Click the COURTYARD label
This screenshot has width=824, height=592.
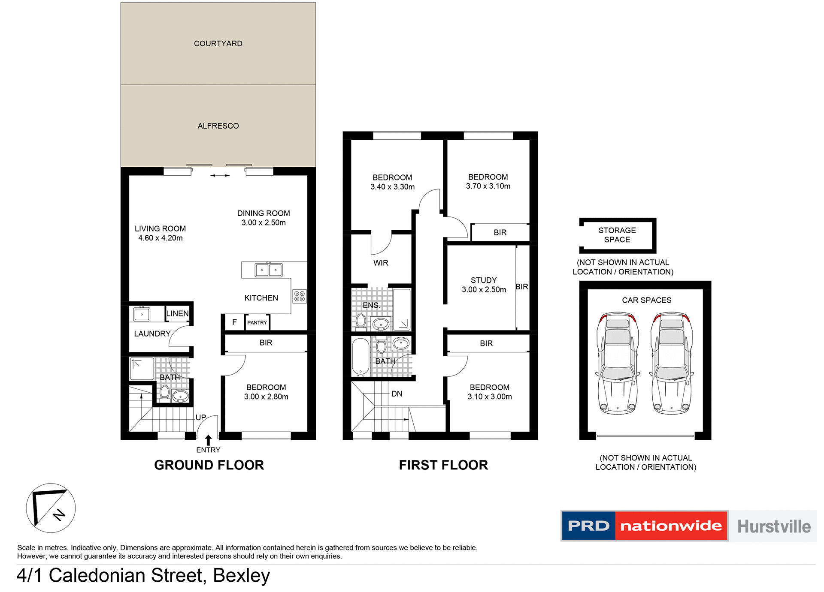coord(218,44)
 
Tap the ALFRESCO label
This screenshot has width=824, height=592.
coord(218,126)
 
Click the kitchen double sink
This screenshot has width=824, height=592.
coord(269,270)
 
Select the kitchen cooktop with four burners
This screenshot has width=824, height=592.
coord(300,296)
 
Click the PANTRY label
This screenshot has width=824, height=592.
coord(257,323)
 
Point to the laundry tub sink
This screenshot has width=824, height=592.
coord(142,314)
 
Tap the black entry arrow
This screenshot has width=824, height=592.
coord(208,440)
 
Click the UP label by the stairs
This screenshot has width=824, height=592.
coord(201,418)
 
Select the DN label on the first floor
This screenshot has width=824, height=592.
coord(397,394)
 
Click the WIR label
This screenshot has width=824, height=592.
coord(381,263)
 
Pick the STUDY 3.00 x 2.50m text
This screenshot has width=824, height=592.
coord(484,285)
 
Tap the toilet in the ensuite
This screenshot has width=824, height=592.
coord(361,321)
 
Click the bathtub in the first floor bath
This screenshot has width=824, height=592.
coord(360,357)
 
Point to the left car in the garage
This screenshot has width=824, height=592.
coord(618,363)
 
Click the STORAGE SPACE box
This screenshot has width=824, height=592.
coord(617,235)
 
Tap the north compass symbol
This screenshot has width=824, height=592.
coord(51,508)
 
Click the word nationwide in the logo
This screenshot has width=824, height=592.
coord(671,526)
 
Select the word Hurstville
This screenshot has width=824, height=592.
coord(774,526)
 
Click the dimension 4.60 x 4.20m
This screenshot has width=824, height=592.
coord(160,238)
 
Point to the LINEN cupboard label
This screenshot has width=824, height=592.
coord(177,314)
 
